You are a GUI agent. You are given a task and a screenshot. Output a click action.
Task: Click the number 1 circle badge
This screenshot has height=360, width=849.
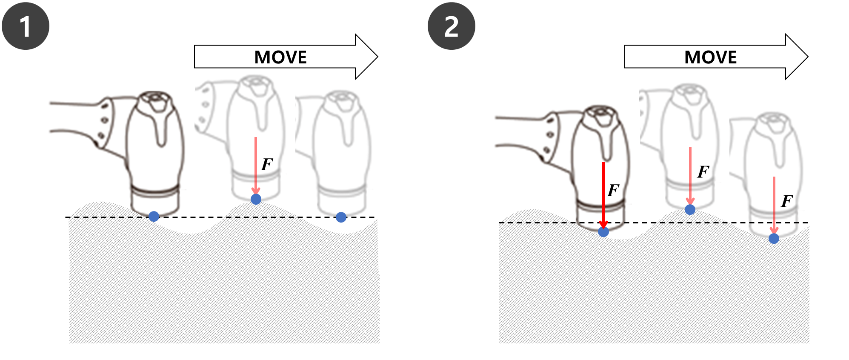coord(26,26)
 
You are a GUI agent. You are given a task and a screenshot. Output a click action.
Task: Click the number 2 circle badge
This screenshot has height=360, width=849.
coord(451,26)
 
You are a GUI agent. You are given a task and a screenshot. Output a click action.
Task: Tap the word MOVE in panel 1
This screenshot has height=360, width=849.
coord(280,57)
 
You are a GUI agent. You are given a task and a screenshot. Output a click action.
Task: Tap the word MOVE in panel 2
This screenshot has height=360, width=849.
coord(710,57)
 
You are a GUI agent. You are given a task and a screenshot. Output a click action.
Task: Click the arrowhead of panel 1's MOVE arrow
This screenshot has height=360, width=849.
coord(366,57)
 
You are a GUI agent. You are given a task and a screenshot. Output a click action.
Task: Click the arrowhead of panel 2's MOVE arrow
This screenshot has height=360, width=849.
coord(797,57)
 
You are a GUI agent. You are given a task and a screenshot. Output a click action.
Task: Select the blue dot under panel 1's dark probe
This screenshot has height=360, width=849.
coord(154,216)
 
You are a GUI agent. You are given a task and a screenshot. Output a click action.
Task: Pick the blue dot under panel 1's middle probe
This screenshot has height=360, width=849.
coord(256,199)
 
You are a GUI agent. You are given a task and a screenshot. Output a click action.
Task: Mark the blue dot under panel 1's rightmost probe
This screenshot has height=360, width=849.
coord(341,217)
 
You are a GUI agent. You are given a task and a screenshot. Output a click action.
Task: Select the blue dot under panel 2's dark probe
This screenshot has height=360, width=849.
coord(603,231)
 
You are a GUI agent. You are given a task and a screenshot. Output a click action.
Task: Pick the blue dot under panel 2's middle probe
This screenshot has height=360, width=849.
coord(690,209)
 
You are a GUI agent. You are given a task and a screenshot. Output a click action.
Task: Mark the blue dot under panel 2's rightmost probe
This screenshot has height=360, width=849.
coord(774,238)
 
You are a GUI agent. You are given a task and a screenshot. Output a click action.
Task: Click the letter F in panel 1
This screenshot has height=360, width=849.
coord(267,164)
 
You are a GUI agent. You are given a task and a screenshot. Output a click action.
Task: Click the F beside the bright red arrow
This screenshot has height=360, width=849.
coord(613,190)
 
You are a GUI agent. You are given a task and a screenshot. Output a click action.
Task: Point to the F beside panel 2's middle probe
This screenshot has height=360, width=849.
coord(703,172)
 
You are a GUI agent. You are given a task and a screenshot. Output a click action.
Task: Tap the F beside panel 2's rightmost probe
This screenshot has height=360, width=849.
coord(787,200)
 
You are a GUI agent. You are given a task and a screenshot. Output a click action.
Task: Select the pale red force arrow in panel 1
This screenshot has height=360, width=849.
coord(256,166)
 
